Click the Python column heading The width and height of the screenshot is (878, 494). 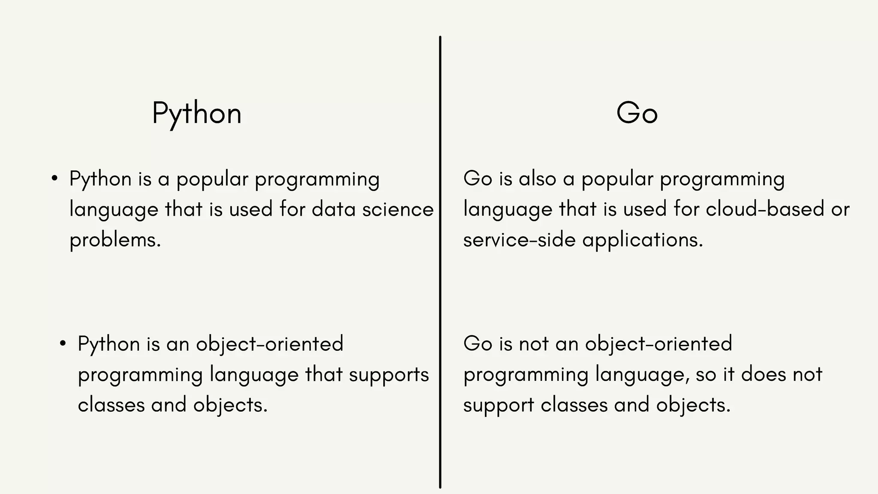pos(197,114)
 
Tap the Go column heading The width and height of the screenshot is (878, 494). pos(637,114)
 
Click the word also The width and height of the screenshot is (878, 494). pos(537,179)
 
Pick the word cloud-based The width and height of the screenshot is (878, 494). pos(765,210)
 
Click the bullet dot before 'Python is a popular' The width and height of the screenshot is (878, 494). pos(54,179)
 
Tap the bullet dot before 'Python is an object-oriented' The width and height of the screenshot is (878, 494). pos(63,344)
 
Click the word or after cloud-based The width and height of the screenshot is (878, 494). pos(840,210)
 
